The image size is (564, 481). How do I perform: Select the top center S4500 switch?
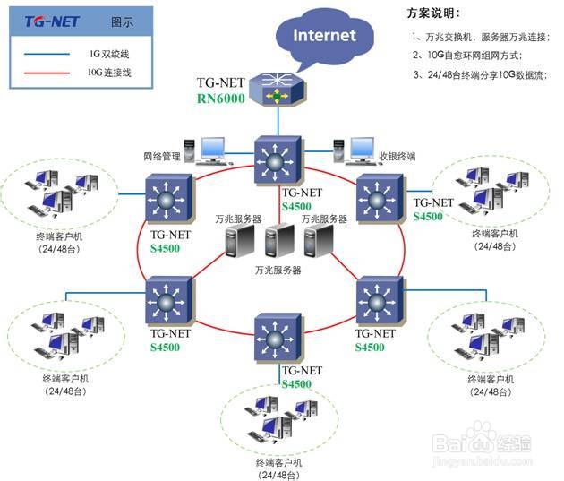point(276,160)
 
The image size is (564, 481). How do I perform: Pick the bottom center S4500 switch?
point(277,339)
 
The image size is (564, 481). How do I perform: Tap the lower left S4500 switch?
point(168,302)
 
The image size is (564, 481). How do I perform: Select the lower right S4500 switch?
point(381,302)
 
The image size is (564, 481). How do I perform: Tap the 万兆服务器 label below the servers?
point(277,269)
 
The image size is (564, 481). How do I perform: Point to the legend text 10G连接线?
point(110,73)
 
